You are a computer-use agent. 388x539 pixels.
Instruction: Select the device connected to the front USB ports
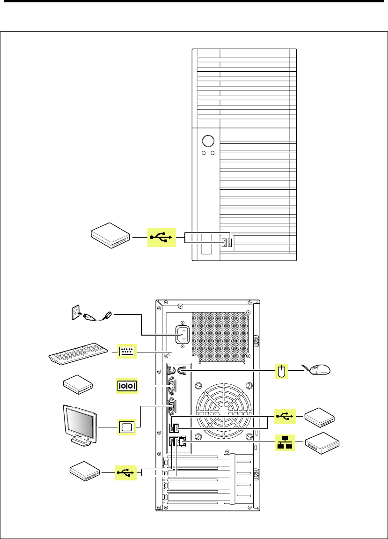110,236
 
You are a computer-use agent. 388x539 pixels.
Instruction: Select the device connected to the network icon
322,442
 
